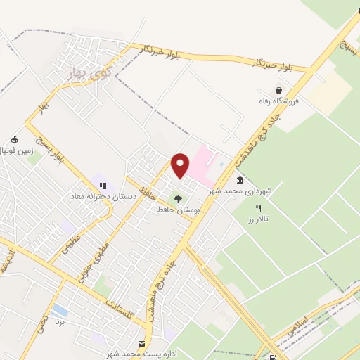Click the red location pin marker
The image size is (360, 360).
(181, 166)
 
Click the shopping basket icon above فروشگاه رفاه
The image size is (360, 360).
(280, 91)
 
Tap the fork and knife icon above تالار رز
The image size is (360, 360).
(259, 208)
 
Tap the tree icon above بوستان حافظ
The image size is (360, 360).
(177, 199)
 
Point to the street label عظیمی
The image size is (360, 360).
(74, 245)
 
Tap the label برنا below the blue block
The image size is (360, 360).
(60, 325)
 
